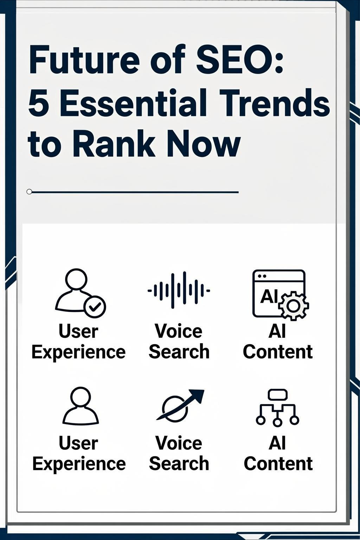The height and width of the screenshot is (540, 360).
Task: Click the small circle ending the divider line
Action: (29, 192)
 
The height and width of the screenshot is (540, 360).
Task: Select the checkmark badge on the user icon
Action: (95, 307)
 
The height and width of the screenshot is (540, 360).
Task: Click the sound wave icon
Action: (179, 290)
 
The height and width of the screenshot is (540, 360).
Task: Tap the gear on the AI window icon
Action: (293, 306)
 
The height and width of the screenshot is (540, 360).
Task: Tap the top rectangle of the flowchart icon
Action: (278, 395)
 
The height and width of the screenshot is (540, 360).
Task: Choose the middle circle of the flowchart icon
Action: (277, 422)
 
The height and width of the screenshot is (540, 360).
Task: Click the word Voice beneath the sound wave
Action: (179, 331)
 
